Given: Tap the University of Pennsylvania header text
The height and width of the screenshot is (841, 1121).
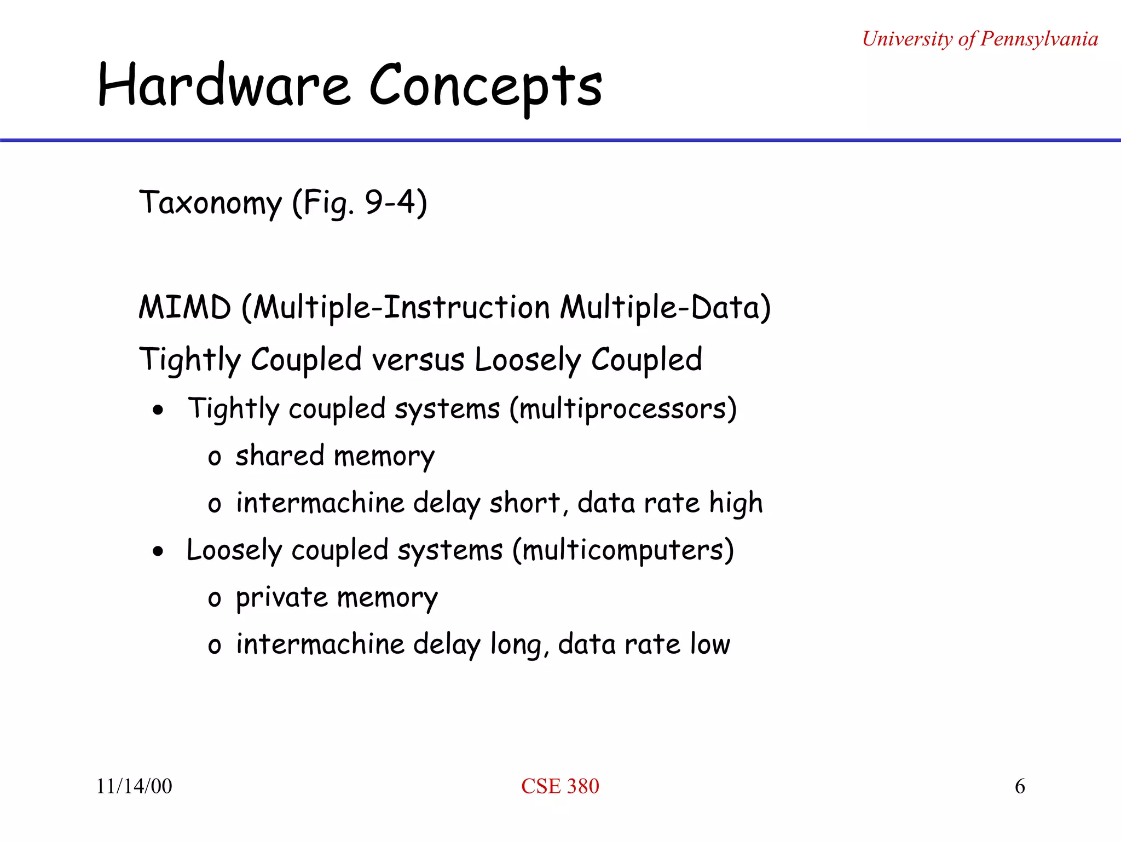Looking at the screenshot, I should pos(980,39).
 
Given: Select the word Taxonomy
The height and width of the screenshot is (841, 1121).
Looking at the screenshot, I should pos(211,203).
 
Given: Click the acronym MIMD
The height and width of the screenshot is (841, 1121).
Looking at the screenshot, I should pos(185,307).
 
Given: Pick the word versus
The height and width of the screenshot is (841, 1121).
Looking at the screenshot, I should pos(418,360).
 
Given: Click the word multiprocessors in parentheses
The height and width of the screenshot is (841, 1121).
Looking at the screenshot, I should pos(623,410).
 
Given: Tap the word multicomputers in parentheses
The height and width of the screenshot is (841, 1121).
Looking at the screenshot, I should pos(623,551).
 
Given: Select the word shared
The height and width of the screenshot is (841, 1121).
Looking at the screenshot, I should pos(280,456).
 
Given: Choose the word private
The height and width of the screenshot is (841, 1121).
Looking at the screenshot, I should pos(281,598).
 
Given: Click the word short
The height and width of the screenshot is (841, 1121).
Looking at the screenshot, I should pos(525,503).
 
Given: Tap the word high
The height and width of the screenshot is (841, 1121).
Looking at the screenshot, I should pos(736,503).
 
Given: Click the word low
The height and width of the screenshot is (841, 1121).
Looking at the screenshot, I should pos(710,644).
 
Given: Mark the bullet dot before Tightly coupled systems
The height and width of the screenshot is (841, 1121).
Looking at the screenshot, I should pos(158,410).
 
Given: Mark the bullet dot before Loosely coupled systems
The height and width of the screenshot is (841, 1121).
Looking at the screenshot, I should pos(158,551).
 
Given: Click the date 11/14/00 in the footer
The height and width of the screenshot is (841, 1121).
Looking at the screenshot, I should pos(134,786).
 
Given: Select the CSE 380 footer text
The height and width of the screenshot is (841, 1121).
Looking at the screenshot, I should pos(560,786).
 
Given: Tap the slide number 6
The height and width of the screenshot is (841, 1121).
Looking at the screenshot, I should pos(1020,786).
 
